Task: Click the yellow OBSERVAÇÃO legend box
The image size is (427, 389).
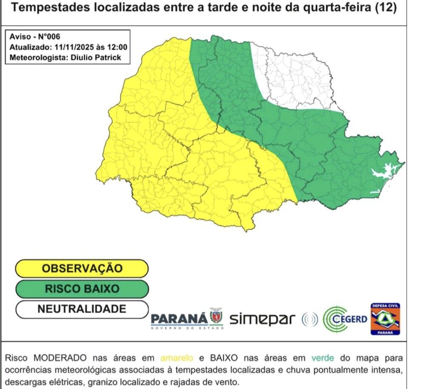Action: (82, 269)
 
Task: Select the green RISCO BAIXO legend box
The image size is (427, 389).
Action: (82, 289)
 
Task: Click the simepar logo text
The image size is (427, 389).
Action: (263, 318)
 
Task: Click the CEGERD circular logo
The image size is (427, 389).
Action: (345, 319)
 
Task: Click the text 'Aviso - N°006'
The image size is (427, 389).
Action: (32, 37)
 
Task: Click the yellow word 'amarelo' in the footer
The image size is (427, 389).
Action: (177, 358)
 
